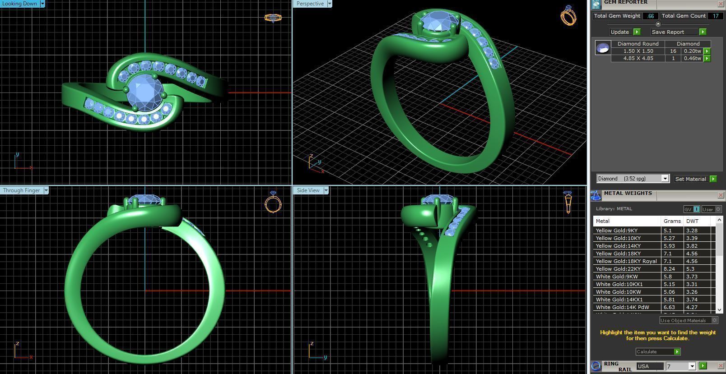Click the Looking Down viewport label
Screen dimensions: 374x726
19,4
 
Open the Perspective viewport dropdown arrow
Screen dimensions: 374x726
330,4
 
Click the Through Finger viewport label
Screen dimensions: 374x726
21,190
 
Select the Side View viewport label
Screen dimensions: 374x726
308,190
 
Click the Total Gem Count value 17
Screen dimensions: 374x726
715,16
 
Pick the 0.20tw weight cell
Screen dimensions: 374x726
692,51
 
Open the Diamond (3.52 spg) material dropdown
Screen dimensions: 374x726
665,179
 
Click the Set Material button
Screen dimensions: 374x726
690,179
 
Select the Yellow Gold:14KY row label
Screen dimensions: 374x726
618,246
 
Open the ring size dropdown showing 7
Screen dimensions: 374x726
691,366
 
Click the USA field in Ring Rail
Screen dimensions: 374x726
649,366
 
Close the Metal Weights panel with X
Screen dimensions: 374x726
721,195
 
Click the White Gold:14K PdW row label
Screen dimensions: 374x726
622,307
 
